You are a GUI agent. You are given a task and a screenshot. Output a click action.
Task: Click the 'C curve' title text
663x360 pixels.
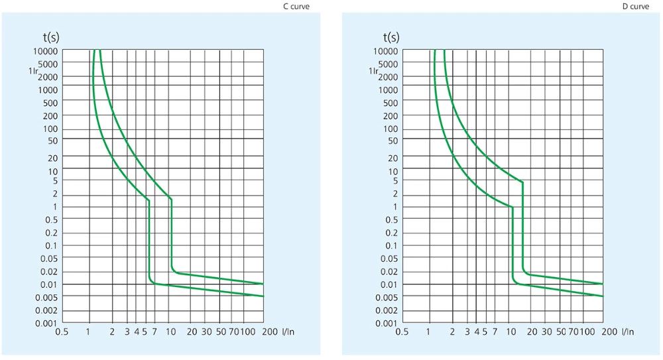296,7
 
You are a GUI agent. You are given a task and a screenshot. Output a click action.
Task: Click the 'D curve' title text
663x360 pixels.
636,7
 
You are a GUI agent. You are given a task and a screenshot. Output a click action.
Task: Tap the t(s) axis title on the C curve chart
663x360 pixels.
50,36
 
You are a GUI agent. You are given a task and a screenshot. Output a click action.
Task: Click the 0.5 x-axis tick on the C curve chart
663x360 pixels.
62,332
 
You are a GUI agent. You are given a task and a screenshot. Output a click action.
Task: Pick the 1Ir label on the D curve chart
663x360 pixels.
374,70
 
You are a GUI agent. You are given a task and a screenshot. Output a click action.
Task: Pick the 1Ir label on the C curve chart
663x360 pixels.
34,70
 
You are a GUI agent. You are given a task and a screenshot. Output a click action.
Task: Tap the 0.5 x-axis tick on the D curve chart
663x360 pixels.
401,332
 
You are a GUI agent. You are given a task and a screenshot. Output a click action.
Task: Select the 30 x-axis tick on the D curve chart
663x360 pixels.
544,332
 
